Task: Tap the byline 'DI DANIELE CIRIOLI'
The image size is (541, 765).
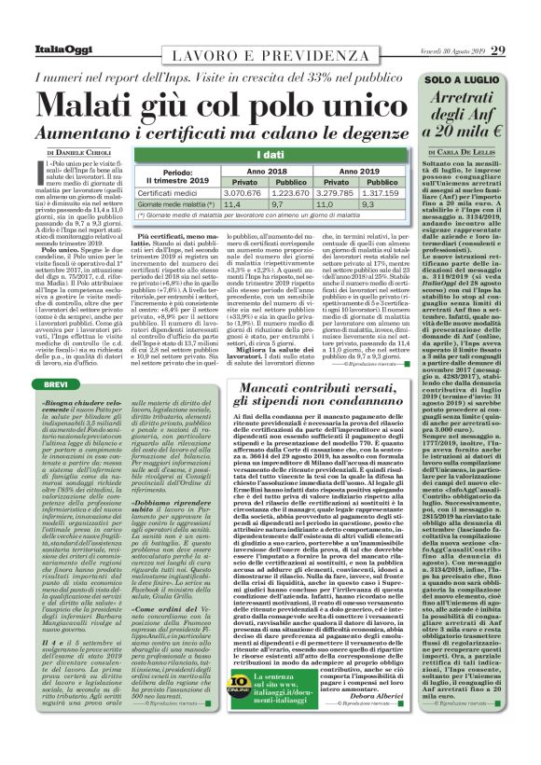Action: click(83, 151)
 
